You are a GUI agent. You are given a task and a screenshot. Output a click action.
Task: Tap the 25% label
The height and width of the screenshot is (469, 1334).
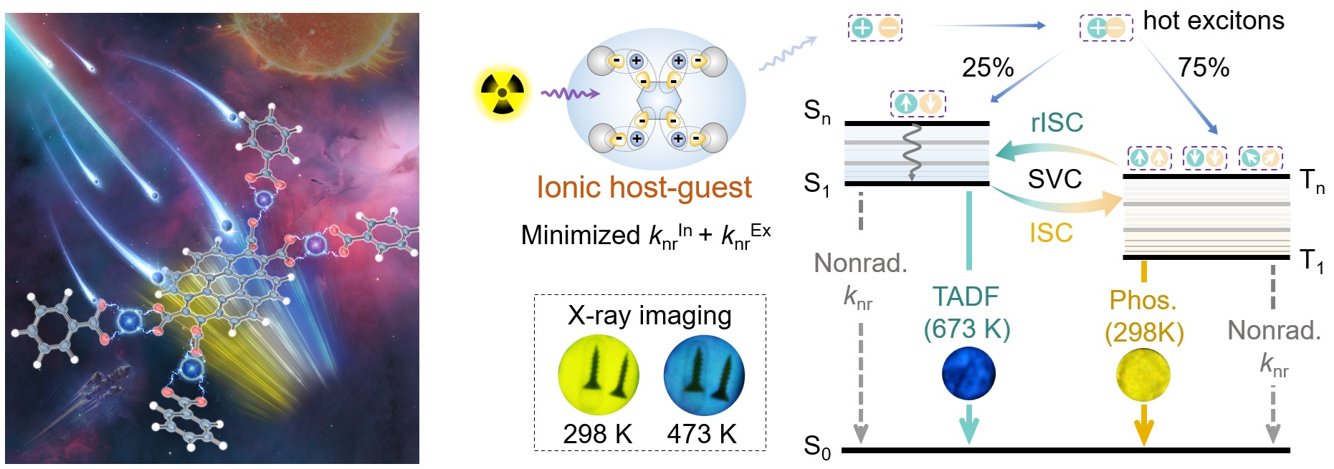pyautogui.click(x=987, y=68)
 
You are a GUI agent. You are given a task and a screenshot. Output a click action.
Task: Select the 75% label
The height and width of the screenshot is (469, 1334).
pyautogui.click(x=1204, y=68)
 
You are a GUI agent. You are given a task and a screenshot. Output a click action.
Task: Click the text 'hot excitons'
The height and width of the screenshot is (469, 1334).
pyautogui.click(x=1214, y=21)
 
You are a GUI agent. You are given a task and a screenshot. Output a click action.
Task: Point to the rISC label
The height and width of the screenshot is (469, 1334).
pyautogui.click(x=1057, y=123)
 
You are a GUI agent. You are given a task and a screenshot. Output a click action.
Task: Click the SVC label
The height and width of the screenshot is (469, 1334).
pyautogui.click(x=1054, y=179)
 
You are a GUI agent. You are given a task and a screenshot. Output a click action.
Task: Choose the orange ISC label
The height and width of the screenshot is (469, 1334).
pyautogui.click(x=1051, y=233)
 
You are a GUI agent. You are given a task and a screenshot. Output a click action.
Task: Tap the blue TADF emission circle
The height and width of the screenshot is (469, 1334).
pyautogui.click(x=968, y=373)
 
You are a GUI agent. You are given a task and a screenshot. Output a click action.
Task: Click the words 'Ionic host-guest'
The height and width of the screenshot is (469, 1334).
pyautogui.click(x=644, y=188)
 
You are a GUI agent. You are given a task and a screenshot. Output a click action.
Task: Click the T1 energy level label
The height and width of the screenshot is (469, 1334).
pyautogui.click(x=1312, y=261)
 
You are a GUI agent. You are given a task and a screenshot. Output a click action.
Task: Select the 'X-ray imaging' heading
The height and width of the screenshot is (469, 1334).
pyautogui.click(x=649, y=315)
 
